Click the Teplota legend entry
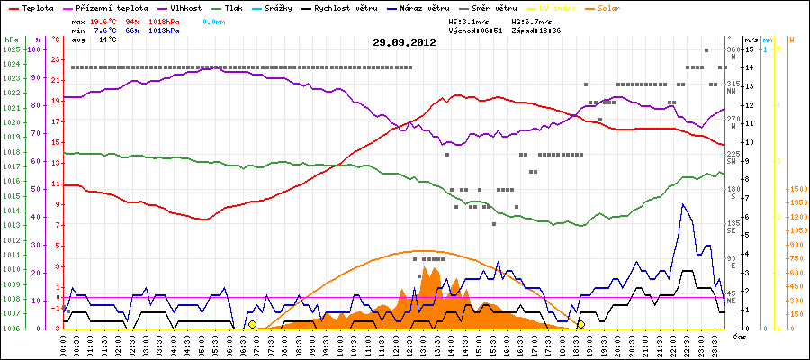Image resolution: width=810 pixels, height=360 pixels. click(x=34, y=7)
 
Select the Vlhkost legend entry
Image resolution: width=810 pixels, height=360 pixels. click(x=185, y=7)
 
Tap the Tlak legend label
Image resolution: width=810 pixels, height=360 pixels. click(x=240, y=7)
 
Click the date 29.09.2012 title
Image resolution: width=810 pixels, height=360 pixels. click(x=404, y=42)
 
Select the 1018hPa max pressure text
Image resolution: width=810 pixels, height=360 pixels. click(x=162, y=21)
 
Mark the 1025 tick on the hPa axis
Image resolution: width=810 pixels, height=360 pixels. click(x=11, y=49)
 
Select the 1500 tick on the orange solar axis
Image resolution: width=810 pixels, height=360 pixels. click(x=796, y=189)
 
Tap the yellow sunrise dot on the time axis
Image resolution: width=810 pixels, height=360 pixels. click(x=252, y=324)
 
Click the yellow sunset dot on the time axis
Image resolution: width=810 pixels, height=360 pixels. click(x=581, y=324)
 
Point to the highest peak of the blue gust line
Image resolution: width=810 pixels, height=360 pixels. click(x=683, y=204)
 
